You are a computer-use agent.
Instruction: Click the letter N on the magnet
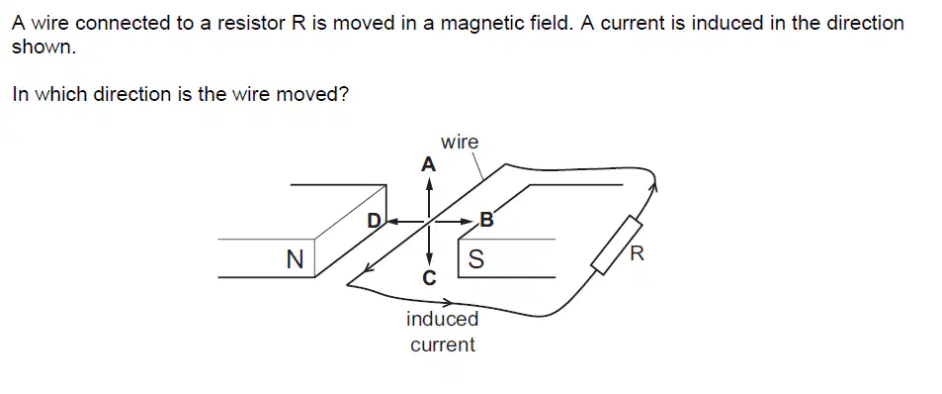[295, 259]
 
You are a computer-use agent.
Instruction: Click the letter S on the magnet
[475, 259]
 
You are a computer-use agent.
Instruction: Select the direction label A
[428, 164]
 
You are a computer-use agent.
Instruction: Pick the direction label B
[486, 220]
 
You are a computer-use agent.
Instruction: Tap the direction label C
[428, 278]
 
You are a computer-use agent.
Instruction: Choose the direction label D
[375, 221]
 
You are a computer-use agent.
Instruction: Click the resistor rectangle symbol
[617, 247]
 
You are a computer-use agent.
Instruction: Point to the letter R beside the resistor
[637, 253]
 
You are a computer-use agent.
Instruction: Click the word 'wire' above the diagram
[460, 143]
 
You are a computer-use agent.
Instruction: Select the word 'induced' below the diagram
[443, 319]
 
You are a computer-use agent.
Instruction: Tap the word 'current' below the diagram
[443, 345]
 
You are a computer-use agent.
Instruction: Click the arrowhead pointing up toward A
[428, 185]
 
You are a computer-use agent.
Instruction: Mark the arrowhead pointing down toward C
[428, 259]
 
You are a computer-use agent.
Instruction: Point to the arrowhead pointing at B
[471, 222]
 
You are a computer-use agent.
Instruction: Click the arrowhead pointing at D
[391, 222]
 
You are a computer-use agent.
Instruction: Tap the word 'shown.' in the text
[43, 49]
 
